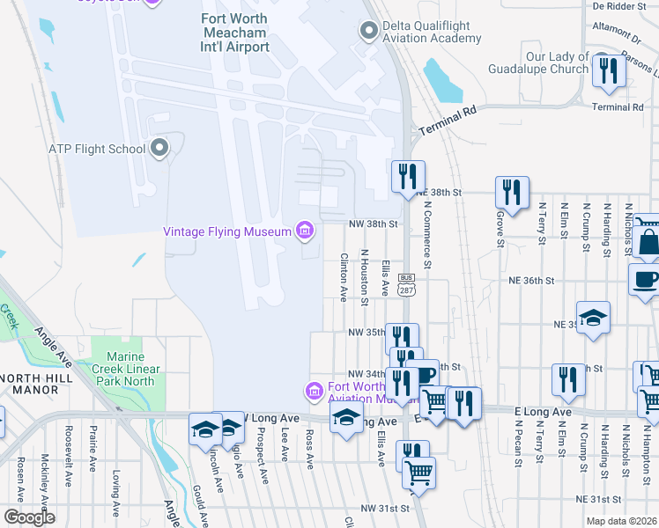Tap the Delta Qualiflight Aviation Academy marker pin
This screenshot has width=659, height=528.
pos(368,31)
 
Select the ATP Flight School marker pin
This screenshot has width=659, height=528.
pos(159,148)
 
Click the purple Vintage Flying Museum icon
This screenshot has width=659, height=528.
pos(305,231)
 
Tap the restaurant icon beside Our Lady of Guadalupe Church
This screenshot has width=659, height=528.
pos(608,70)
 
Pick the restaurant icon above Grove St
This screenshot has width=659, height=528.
pos(511,191)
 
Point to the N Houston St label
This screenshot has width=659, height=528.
pos(364,277)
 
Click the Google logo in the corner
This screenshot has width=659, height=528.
pos(29,517)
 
